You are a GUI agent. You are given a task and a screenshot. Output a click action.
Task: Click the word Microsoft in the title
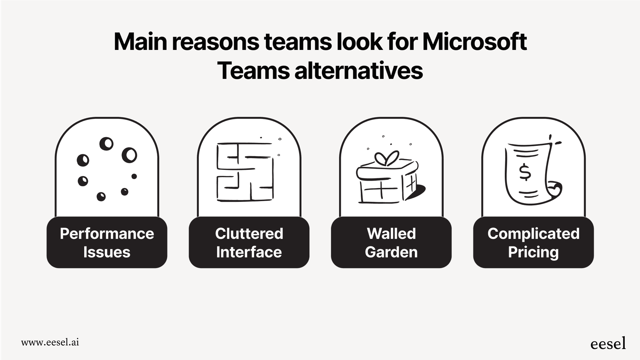(x=475, y=42)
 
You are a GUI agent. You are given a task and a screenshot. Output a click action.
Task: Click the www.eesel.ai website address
(x=50, y=342)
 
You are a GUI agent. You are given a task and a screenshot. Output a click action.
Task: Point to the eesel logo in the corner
(x=608, y=343)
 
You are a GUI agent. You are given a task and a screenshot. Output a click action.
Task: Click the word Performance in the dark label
(x=107, y=234)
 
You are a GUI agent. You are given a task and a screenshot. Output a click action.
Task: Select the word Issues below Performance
(x=107, y=252)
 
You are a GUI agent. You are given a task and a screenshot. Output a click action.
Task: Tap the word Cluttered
(x=249, y=234)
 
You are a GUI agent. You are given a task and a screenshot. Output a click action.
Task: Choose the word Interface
(x=249, y=252)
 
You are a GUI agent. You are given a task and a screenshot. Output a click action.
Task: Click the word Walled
(x=391, y=234)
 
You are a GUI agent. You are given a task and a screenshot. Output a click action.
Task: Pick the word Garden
(x=391, y=252)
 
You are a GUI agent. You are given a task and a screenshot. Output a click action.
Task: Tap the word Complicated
(x=533, y=234)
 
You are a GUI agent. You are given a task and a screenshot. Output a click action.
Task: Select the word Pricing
(x=533, y=252)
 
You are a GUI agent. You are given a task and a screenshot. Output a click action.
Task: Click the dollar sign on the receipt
(x=525, y=172)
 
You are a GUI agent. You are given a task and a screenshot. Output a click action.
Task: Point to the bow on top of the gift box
(x=387, y=158)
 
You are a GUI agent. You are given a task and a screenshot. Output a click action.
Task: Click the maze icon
(x=245, y=172)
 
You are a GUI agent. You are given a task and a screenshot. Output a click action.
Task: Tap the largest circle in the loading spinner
(x=130, y=155)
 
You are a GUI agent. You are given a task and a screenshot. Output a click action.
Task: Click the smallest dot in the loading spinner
(x=134, y=176)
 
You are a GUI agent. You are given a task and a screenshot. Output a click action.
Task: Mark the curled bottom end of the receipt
(x=554, y=189)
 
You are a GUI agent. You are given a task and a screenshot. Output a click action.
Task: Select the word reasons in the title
(x=215, y=42)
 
